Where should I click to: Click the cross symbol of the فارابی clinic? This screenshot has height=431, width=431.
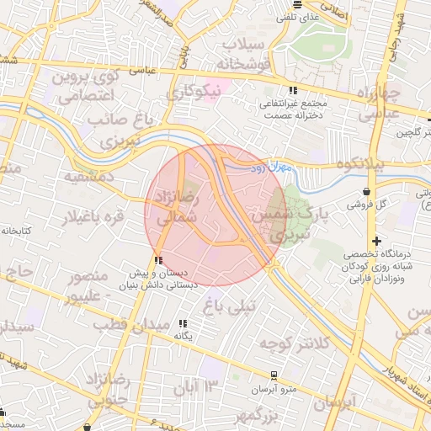(377, 242)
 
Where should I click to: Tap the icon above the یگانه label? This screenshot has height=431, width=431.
(184, 322)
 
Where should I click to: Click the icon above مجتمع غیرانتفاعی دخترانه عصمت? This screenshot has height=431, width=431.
(293, 90)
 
